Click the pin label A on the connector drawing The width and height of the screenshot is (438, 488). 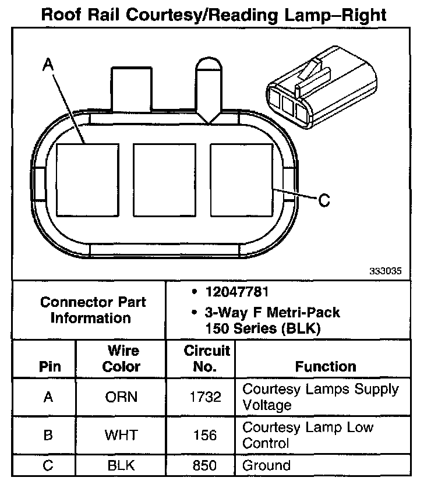pyautogui.click(x=48, y=67)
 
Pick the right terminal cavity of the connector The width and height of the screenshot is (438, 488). pyautogui.click(x=241, y=180)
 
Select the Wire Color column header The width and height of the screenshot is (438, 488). pyautogui.click(x=121, y=359)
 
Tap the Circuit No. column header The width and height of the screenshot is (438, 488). pyautogui.click(x=207, y=359)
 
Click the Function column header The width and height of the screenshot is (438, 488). pyautogui.click(x=326, y=366)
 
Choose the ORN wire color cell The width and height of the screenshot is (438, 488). pyautogui.click(x=121, y=397)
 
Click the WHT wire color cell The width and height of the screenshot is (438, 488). pyautogui.click(x=121, y=435)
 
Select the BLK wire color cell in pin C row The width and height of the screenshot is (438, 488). pyautogui.click(x=121, y=466)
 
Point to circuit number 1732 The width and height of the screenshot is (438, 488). pyautogui.click(x=207, y=397)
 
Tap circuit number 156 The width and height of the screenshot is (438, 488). pyautogui.click(x=207, y=435)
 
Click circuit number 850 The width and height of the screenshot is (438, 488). pyautogui.click(x=207, y=466)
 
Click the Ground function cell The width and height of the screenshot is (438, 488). pyautogui.click(x=266, y=465)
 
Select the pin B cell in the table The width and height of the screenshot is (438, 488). pyautogui.click(x=48, y=435)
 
